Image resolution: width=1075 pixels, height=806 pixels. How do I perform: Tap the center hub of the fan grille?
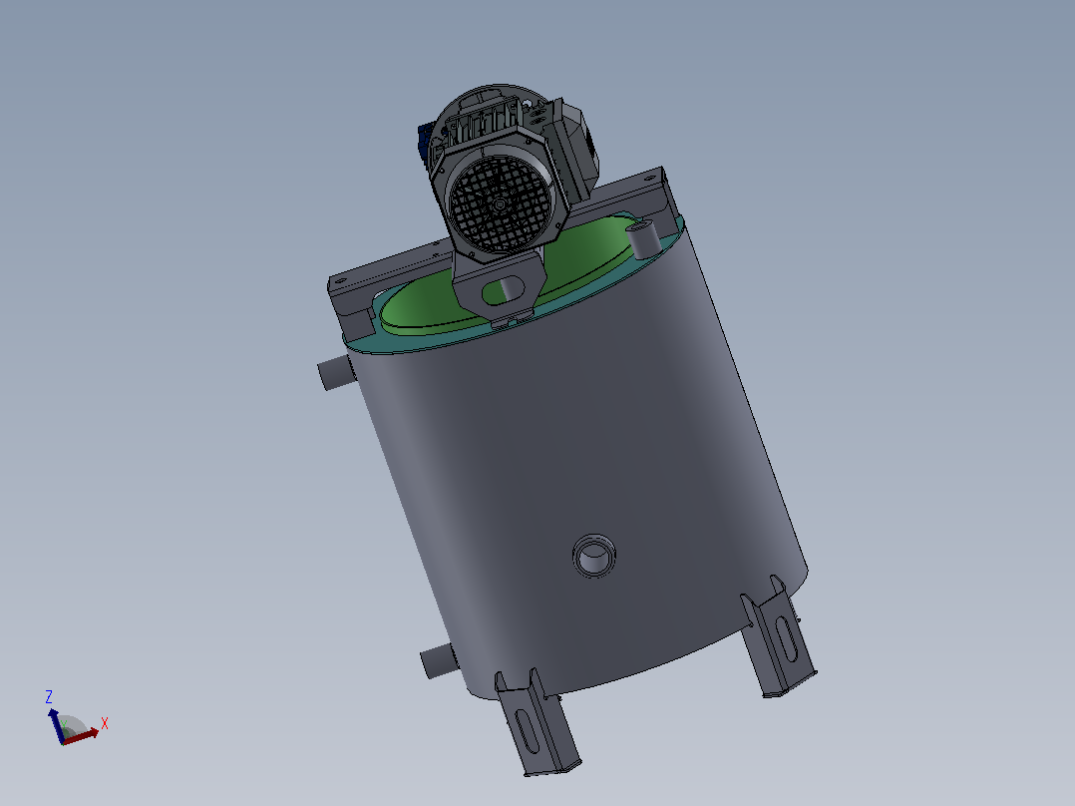coord(500,203)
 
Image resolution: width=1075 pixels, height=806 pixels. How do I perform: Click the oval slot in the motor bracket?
coord(504,290)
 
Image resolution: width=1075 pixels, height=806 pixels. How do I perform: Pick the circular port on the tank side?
coord(593,555)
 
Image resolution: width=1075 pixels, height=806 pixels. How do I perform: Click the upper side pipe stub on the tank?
coord(336,373)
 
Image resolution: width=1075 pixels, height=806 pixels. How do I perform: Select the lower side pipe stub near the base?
coord(438,661)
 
